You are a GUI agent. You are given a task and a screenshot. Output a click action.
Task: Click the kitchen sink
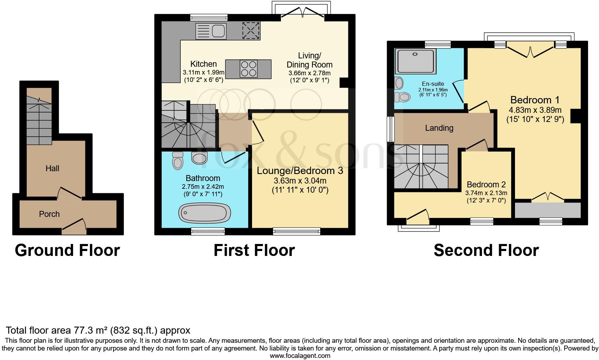(x=210, y=31)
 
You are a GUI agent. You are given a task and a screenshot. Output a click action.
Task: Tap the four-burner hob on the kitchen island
(x=248, y=68)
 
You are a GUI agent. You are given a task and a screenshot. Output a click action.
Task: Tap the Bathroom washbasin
(x=199, y=158)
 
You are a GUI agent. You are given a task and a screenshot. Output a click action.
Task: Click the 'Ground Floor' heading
(x=67, y=250)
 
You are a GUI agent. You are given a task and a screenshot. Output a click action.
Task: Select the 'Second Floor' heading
(x=486, y=250)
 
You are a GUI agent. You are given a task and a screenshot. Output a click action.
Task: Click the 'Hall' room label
(x=52, y=168)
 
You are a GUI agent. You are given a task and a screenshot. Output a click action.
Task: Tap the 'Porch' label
(x=49, y=214)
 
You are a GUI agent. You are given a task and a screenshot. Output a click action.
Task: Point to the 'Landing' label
(x=439, y=128)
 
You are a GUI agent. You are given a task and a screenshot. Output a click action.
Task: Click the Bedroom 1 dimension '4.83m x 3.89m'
(x=535, y=110)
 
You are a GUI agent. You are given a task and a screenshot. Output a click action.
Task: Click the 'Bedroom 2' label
(x=486, y=185)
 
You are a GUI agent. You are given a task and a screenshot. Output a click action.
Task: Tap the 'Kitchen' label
(x=204, y=64)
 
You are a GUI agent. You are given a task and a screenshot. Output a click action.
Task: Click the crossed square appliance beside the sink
(x=251, y=30)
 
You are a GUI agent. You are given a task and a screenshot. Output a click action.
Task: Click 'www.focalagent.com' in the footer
(x=300, y=355)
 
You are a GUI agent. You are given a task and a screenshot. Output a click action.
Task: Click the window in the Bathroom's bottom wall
(x=208, y=231)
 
